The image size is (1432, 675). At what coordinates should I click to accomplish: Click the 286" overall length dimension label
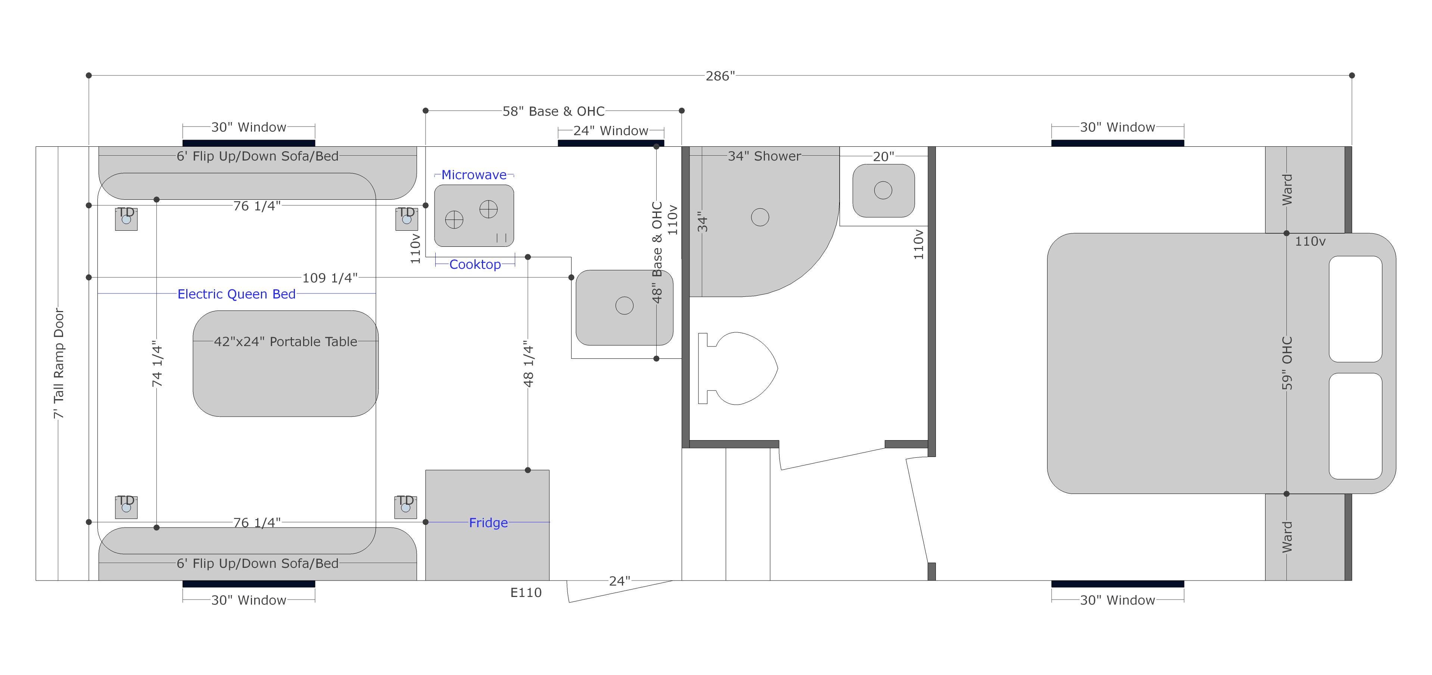point(720,76)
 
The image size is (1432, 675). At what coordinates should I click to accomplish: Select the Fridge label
point(488,523)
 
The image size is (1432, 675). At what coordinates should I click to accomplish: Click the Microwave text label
point(474,175)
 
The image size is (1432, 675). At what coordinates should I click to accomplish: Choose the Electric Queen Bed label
point(236,294)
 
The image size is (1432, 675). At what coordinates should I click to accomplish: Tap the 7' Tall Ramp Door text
point(58,364)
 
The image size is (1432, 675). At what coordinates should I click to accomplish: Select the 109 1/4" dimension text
point(330,278)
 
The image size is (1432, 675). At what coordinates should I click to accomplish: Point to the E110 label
point(526,593)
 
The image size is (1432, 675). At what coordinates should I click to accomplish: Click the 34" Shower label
point(765,156)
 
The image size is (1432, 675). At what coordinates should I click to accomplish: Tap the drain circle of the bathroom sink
point(883,190)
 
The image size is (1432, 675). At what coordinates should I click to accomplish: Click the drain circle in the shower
point(760,217)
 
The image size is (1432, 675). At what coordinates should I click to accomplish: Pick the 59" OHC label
point(1287,363)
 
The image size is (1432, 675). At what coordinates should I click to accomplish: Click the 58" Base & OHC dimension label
point(553,111)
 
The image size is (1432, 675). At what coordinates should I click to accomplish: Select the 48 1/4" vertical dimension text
point(528,364)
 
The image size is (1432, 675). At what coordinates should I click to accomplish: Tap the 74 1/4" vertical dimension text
point(157,364)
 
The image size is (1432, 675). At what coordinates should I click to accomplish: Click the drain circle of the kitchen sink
point(624,305)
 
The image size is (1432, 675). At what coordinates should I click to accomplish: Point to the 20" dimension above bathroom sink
point(883,157)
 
